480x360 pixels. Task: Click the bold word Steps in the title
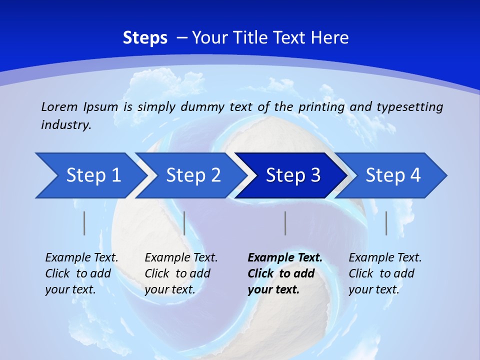[x=145, y=38]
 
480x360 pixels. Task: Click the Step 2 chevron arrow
[x=192, y=175]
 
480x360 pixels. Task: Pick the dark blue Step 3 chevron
[x=292, y=175]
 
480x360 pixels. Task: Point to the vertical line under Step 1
[x=84, y=223]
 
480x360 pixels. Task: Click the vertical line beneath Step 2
[x=184, y=223]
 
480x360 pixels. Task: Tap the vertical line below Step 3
[x=285, y=223]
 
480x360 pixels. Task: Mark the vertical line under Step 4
[x=386, y=223]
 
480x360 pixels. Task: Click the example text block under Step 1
[x=81, y=273]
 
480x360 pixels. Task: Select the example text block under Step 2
[x=181, y=273]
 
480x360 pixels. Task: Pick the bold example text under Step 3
[x=285, y=273]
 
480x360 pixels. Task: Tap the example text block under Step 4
[x=385, y=273]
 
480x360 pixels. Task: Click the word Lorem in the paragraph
[x=59, y=106]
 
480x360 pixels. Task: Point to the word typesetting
[x=409, y=106]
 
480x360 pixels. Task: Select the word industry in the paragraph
[x=66, y=125]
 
